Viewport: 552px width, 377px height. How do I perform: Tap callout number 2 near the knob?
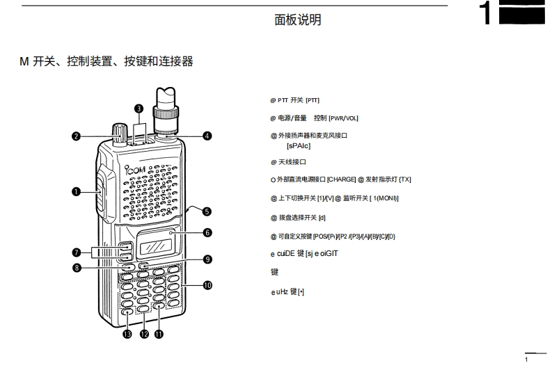[x=76, y=136]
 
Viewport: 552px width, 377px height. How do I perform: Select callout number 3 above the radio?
[x=139, y=108]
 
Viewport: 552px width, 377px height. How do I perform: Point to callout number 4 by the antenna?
[x=207, y=136]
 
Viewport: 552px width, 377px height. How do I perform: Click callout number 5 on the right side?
[x=207, y=211]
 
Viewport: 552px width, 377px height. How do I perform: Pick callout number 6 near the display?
[x=207, y=232]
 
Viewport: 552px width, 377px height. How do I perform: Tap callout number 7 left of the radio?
[x=76, y=252]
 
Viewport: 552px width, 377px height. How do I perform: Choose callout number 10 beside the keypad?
[x=207, y=284]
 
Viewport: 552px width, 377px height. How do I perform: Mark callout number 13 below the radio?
[x=127, y=335]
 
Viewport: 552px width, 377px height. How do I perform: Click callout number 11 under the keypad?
[x=159, y=335]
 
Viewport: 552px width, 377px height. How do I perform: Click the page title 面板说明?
[x=298, y=20]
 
